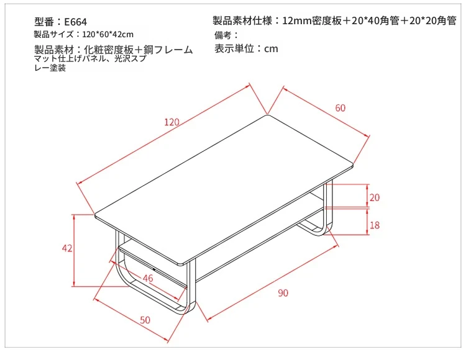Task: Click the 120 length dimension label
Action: [x=171, y=122]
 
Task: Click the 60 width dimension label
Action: [x=340, y=108]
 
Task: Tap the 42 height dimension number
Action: [x=67, y=248]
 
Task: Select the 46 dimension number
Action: [x=148, y=278]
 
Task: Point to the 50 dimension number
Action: [x=145, y=320]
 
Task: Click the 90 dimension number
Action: [x=283, y=293]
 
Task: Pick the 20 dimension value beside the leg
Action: [x=375, y=197]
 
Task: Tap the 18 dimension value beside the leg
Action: [x=375, y=225]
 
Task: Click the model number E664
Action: [x=75, y=22]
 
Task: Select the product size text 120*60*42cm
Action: [x=107, y=34]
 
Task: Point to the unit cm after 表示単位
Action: [x=271, y=48]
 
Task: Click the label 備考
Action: [x=222, y=35]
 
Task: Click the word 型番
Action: [x=44, y=22]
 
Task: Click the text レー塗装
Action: [x=50, y=68]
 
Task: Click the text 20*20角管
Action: [x=432, y=20]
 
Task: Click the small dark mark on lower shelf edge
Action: [x=155, y=269]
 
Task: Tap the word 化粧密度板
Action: [x=109, y=50]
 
